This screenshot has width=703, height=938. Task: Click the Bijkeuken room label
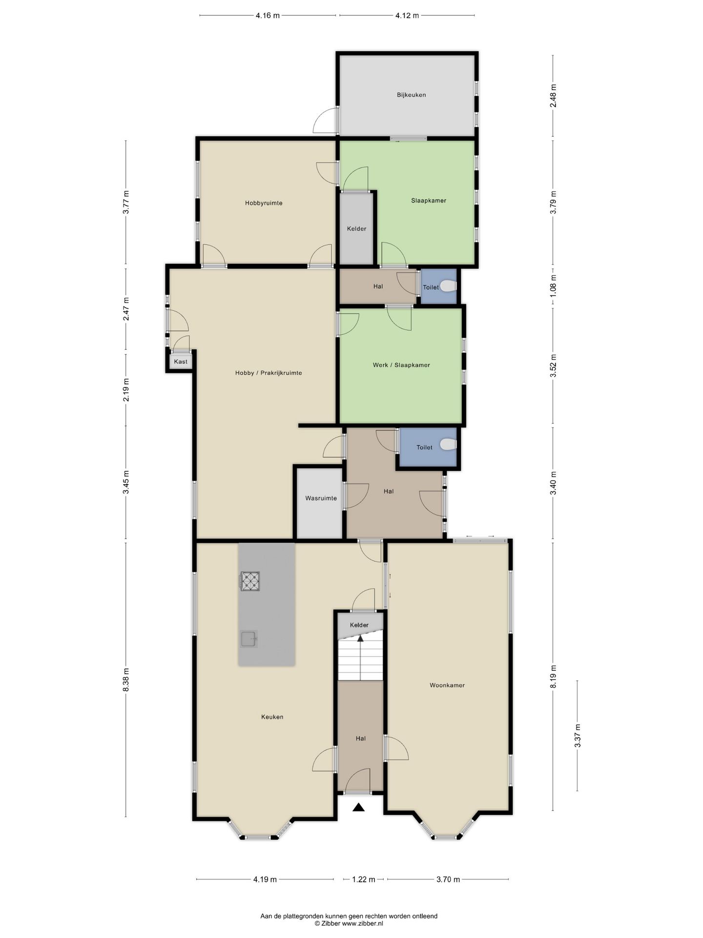pyautogui.click(x=411, y=95)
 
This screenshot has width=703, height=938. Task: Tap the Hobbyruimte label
pyautogui.click(x=264, y=203)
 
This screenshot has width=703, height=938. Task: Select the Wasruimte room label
pyautogui.click(x=321, y=498)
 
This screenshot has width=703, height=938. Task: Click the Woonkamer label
pyautogui.click(x=447, y=685)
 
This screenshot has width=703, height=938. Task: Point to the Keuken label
pyautogui.click(x=272, y=717)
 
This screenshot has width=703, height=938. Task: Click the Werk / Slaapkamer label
pyautogui.click(x=401, y=365)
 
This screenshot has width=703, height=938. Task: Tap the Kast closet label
pyautogui.click(x=181, y=362)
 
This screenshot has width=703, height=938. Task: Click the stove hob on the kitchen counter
pyautogui.click(x=250, y=581)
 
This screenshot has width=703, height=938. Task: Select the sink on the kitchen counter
pyautogui.click(x=248, y=639)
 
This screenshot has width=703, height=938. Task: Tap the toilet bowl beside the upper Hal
pyautogui.click(x=448, y=285)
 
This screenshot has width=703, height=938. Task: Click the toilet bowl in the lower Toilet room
pyautogui.click(x=448, y=444)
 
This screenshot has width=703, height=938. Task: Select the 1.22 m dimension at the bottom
pyautogui.click(x=363, y=879)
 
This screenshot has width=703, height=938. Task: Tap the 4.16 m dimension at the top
pyautogui.click(x=268, y=15)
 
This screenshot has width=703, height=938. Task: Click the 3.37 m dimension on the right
pyautogui.click(x=578, y=736)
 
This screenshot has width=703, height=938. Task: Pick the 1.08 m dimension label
pyautogui.click(x=553, y=287)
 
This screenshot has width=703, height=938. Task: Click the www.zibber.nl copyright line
pyautogui.click(x=349, y=923)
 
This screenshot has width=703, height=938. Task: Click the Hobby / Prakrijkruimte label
pyautogui.click(x=269, y=373)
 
